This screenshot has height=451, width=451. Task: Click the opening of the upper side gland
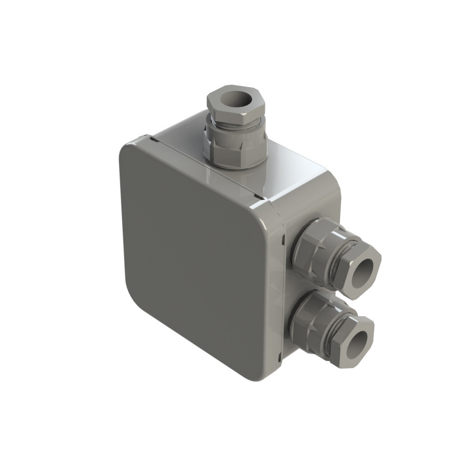click(x=364, y=273)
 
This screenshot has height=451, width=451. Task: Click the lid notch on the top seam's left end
click(x=154, y=141)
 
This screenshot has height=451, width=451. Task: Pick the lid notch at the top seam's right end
click(x=258, y=197)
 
